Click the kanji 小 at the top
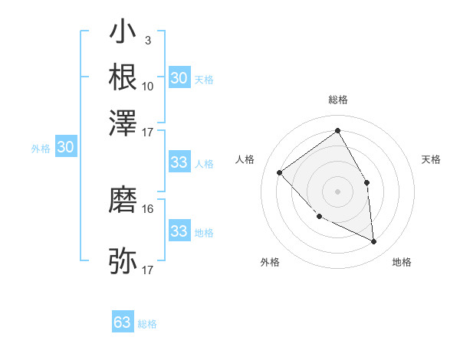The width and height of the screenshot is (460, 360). [x=123, y=33]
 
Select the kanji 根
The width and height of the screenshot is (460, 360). [x=123, y=77]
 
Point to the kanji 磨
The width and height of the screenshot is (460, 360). [x=123, y=201]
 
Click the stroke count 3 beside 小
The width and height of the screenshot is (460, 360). [x=147, y=41]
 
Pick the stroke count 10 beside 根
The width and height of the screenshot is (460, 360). [x=148, y=86]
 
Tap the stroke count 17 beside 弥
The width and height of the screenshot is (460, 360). [x=148, y=270]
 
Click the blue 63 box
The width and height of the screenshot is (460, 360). [x=123, y=322]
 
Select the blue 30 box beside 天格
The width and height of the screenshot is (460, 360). [x=179, y=78]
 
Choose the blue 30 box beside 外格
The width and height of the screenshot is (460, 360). [x=65, y=148]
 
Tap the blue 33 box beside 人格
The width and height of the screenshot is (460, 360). [x=179, y=162]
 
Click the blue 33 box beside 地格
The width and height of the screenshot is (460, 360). [x=179, y=231]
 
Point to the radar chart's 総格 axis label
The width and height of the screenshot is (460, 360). [x=337, y=100]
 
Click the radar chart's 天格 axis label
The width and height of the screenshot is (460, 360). [x=431, y=159]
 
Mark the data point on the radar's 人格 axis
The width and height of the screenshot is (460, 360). [x=280, y=172]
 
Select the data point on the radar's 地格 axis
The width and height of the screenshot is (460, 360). [x=373, y=241]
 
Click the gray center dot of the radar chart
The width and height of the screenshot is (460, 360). [x=337, y=191]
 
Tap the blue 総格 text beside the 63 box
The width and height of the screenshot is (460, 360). [x=147, y=324]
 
